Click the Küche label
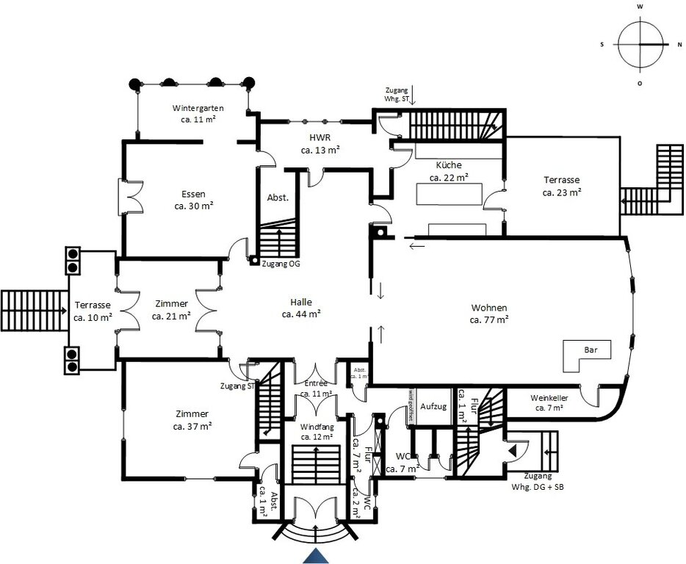click(449, 165)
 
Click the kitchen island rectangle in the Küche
click(449, 194)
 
